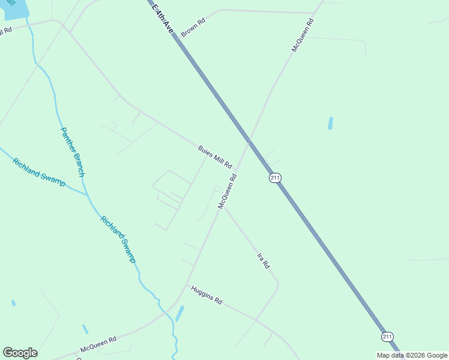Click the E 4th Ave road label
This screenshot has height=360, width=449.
(x=163, y=16)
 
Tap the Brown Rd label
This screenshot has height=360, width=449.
(x=193, y=28)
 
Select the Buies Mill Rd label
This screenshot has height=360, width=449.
(x=215, y=157)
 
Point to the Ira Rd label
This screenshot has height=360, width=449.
(x=263, y=260)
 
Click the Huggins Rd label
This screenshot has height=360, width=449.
(x=206, y=295)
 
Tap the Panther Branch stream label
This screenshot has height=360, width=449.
(x=72, y=152)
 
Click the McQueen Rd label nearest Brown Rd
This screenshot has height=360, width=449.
(x=303, y=34)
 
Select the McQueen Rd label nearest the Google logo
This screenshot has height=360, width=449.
(x=98, y=344)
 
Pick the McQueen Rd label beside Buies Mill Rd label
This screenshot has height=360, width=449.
(x=228, y=191)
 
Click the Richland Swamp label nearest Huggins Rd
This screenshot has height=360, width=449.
(x=118, y=239)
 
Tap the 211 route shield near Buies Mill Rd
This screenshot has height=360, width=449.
(x=275, y=178)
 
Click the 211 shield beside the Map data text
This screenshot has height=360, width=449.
(x=388, y=337)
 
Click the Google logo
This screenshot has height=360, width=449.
(x=20, y=353)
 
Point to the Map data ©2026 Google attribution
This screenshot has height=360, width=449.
(x=412, y=355)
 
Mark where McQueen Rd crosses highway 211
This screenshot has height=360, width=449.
(x=249, y=142)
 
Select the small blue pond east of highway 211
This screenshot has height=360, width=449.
(x=330, y=123)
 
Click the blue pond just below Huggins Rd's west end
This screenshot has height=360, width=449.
(x=179, y=313)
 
